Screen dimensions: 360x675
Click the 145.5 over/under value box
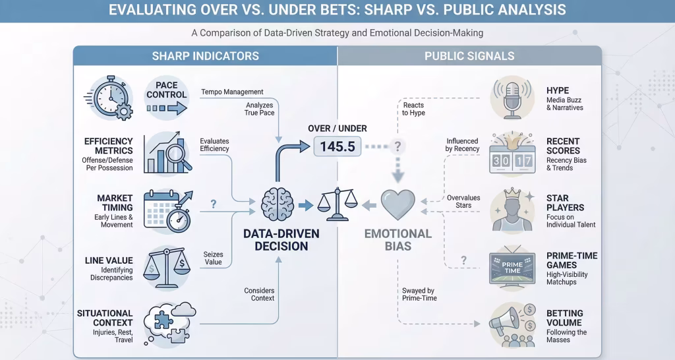337,146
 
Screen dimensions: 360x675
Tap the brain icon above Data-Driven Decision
278,204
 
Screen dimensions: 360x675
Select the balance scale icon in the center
338,204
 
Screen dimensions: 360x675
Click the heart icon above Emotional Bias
398,205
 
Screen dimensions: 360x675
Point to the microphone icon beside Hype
512,98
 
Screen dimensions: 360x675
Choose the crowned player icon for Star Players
512,209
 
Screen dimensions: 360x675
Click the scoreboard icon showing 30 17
512,154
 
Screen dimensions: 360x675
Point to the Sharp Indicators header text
206,55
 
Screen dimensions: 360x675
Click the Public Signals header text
469,55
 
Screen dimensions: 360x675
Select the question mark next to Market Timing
214,205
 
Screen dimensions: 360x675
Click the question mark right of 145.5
397,146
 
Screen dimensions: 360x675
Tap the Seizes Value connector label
214,258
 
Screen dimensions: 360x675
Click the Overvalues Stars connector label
463,201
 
